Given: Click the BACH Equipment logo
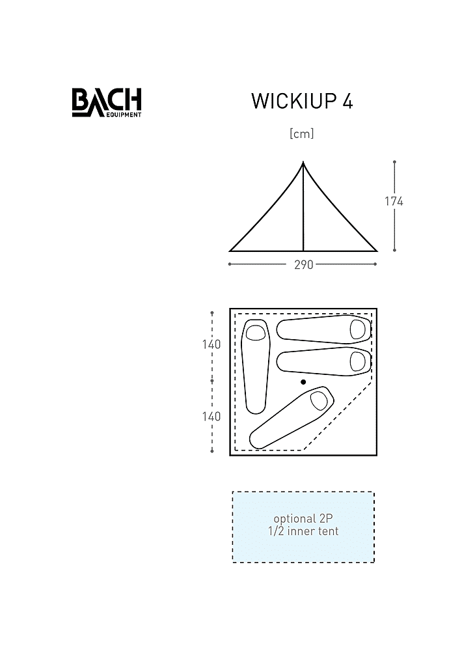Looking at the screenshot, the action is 107,102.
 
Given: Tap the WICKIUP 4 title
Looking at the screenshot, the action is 302,102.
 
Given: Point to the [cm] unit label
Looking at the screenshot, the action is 302,133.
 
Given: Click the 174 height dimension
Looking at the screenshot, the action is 394,201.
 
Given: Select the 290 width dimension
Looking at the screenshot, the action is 304,264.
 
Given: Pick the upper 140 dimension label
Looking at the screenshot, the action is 211,344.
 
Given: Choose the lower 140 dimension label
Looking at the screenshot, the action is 211,417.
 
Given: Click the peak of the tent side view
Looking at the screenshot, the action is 303,162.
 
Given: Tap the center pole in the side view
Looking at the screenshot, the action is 303,207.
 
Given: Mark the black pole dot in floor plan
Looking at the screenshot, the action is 303,382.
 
